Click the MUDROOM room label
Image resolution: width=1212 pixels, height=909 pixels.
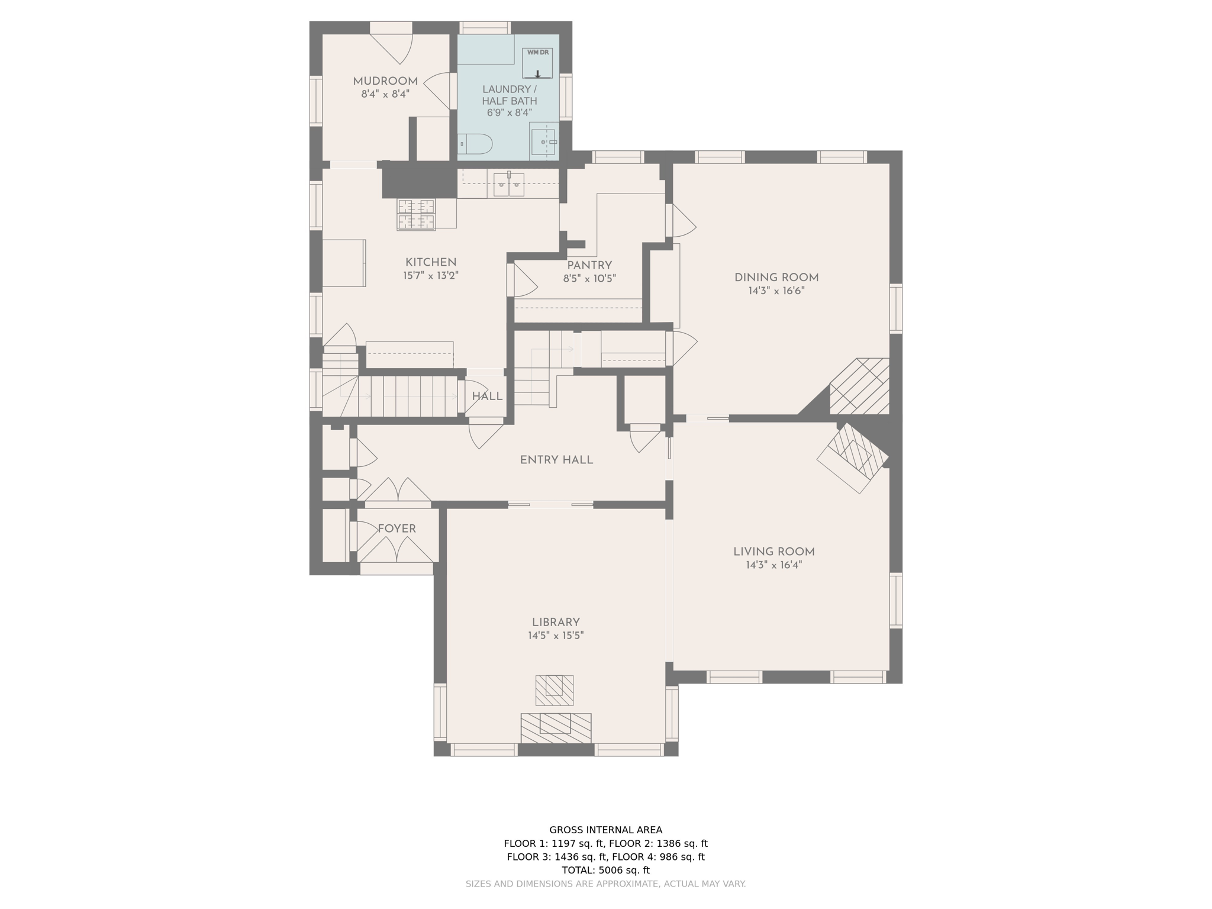click(385, 82)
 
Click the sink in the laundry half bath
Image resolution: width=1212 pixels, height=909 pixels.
click(543, 142)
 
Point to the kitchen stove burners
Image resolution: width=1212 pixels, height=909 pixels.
click(417, 214)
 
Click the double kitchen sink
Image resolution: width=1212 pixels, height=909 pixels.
click(508, 185)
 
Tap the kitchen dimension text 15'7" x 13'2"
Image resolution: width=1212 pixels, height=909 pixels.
click(431, 275)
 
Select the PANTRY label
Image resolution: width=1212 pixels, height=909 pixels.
click(589, 266)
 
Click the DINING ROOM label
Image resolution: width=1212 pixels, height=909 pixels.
click(776, 278)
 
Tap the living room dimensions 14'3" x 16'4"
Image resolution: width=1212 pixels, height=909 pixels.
click(774, 565)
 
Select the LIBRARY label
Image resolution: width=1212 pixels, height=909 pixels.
click(556, 623)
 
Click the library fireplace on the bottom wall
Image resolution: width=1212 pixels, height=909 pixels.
click(556, 728)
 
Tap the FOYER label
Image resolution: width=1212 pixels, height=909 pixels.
click(397, 529)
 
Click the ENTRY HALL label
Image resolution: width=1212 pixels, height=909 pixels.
click(556, 460)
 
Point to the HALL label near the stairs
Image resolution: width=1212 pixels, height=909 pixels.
click(487, 397)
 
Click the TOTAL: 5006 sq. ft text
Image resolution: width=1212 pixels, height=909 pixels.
click(605, 870)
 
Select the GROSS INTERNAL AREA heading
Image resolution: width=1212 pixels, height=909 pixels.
click(605, 830)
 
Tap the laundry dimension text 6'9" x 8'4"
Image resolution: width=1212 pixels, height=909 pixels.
click(510, 112)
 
